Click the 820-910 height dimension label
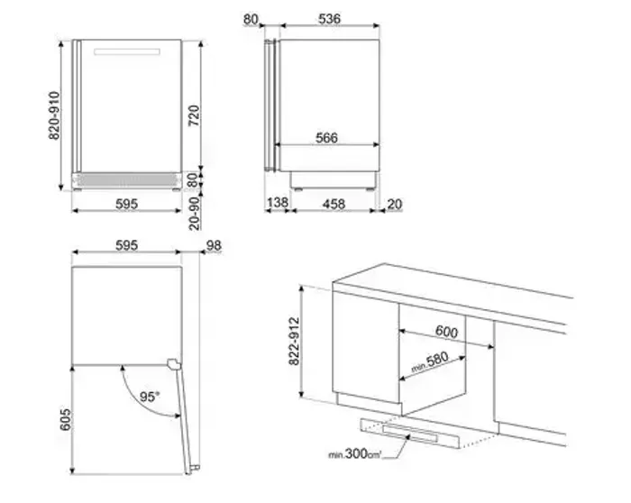[x=54, y=116]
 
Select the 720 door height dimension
[x=194, y=115]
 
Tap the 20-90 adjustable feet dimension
[x=195, y=214]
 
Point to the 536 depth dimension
[x=329, y=19]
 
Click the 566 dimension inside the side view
[x=326, y=138]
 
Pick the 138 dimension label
[x=278, y=203]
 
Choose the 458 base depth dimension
[x=334, y=204]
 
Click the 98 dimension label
[x=215, y=245]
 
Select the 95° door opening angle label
[x=150, y=397]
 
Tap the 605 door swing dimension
[x=66, y=420]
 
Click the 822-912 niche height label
[x=294, y=342]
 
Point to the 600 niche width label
[x=447, y=332]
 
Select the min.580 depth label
[x=430, y=362]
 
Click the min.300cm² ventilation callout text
[x=354, y=454]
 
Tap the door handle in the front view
[x=127, y=51]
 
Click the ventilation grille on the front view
[x=127, y=180]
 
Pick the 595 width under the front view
[x=127, y=204]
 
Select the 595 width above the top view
[x=127, y=245]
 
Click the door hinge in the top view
[x=174, y=363]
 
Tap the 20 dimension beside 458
[x=395, y=205]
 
